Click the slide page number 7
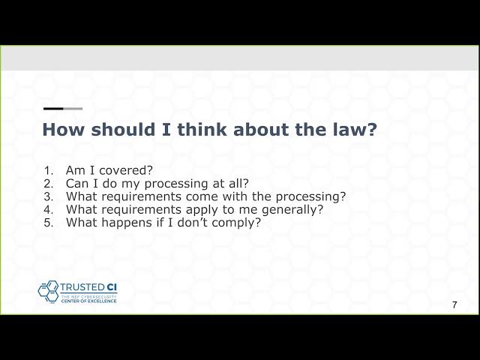click(454, 304)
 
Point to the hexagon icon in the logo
click(49, 291)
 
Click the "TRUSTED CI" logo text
click(88, 286)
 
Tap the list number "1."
click(49, 170)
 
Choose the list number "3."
click(49, 196)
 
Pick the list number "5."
click(49, 223)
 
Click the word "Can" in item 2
click(78, 183)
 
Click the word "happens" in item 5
click(126, 223)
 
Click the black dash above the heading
click(53, 109)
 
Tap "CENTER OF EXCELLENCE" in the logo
click(88, 301)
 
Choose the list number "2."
click(49, 183)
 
